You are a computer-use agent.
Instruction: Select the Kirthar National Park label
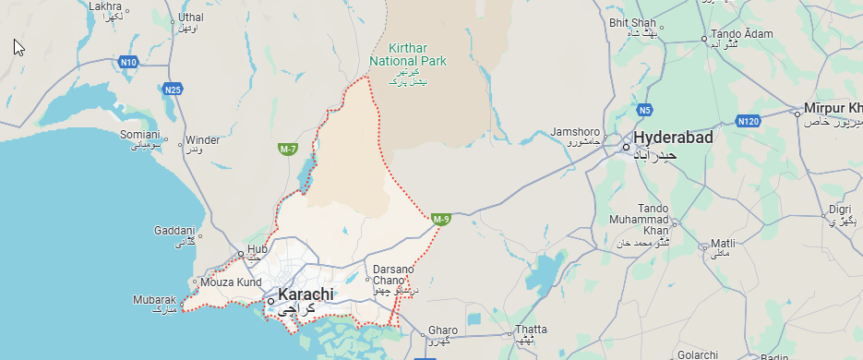coord(407,54)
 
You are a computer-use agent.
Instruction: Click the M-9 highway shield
coord(440,219)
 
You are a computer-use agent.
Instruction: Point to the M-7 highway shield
coord(287,148)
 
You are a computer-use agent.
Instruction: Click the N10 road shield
coord(128,62)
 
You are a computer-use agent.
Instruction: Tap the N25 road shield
coord(172,90)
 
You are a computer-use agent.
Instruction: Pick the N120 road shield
coord(748,121)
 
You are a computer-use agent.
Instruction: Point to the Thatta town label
coord(531,330)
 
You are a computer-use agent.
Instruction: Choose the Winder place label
coord(202,140)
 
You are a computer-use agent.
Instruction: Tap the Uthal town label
coord(191,18)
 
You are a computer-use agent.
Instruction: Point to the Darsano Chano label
coord(388,274)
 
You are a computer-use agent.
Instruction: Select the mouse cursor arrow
coord(18,47)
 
